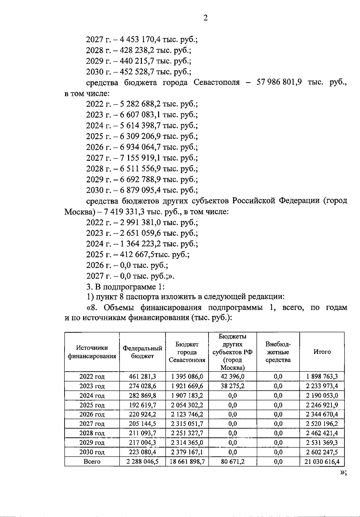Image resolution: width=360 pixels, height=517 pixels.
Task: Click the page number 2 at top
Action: [205, 18]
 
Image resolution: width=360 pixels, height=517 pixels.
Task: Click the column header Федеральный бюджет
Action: [142, 352]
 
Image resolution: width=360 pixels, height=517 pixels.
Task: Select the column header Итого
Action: [322, 352]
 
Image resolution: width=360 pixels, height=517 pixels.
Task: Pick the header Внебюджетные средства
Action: [278, 352]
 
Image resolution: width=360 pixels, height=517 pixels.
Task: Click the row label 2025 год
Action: [92, 405]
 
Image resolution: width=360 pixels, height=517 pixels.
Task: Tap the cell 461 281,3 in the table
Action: [142, 376]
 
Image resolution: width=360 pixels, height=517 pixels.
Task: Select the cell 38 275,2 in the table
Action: [232, 386]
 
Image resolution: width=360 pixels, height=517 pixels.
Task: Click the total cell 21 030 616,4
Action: [322, 462]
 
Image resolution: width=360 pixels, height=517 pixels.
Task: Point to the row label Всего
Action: [92, 462]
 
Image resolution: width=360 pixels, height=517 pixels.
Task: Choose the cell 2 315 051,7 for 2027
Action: [187, 424]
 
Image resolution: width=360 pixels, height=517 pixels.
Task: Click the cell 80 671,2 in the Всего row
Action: [232, 462]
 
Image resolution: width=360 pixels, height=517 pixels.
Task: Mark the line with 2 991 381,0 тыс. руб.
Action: [142, 223]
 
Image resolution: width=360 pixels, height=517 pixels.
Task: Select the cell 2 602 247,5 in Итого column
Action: [322, 452]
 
